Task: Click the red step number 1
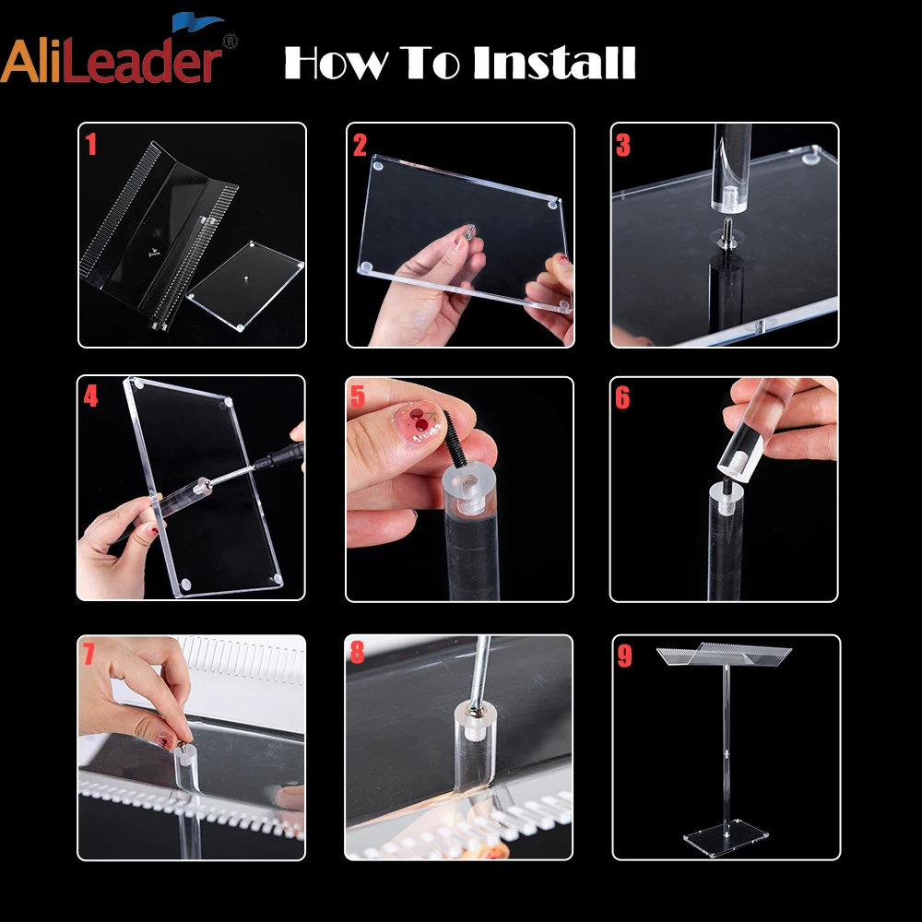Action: (90, 144)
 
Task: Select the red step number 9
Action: (624, 656)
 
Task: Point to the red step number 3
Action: (622, 146)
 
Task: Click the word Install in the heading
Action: (554, 63)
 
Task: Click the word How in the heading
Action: (337, 63)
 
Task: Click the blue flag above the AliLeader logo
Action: (196, 22)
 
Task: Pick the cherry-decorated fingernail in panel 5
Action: (417, 421)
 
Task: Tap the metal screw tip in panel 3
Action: (727, 227)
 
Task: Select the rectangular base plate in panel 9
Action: (726, 837)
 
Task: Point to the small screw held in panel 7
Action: (183, 749)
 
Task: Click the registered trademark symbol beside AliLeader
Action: (230, 41)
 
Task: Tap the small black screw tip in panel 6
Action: (728, 484)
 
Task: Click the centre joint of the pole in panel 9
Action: (727, 753)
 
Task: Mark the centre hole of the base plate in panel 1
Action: (244, 276)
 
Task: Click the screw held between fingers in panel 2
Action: (470, 230)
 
